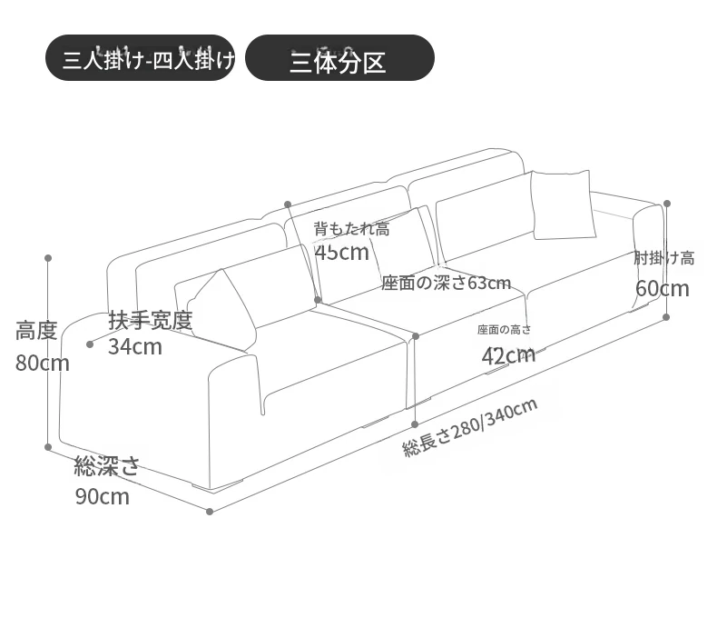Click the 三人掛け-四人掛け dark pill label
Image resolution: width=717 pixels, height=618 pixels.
(x=141, y=57)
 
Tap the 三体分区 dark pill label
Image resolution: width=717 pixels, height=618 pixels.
(x=339, y=57)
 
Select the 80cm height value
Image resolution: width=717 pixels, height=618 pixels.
(x=43, y=364)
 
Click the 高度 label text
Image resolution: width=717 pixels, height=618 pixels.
(x=36, y=331)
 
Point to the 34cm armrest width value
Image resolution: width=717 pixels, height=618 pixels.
(x=135, y=347)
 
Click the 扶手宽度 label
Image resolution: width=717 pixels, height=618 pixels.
(x=151, y=320)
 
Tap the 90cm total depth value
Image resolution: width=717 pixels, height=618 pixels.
(x=103, y=497)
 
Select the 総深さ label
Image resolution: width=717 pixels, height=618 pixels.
(x=106, y=466)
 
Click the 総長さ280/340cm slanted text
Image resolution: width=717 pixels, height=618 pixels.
(x=469, y=427)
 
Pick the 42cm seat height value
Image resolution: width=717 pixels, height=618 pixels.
(x=508, y=355)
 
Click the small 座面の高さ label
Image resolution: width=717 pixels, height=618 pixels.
(x=505, y=330)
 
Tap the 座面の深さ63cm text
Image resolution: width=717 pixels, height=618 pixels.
(x=447, y=283)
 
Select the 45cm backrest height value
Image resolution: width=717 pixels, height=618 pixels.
(x=342, y=253)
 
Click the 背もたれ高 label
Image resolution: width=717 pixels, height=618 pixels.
(x=351, y=228)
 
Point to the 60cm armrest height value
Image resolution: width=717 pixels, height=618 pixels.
(x=663, y=289)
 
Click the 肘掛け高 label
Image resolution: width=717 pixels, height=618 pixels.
(x=664, y=259)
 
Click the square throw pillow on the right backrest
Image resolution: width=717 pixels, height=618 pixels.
(x=564, y=204)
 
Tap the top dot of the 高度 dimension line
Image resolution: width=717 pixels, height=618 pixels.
(x=48, y=258)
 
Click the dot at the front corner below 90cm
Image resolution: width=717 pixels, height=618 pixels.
(x=210, y=512)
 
